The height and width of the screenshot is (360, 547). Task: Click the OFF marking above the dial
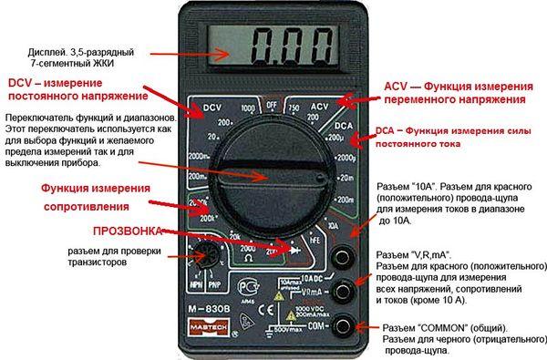click(271, 104)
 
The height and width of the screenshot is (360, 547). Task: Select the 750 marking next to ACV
click(294, 108)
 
